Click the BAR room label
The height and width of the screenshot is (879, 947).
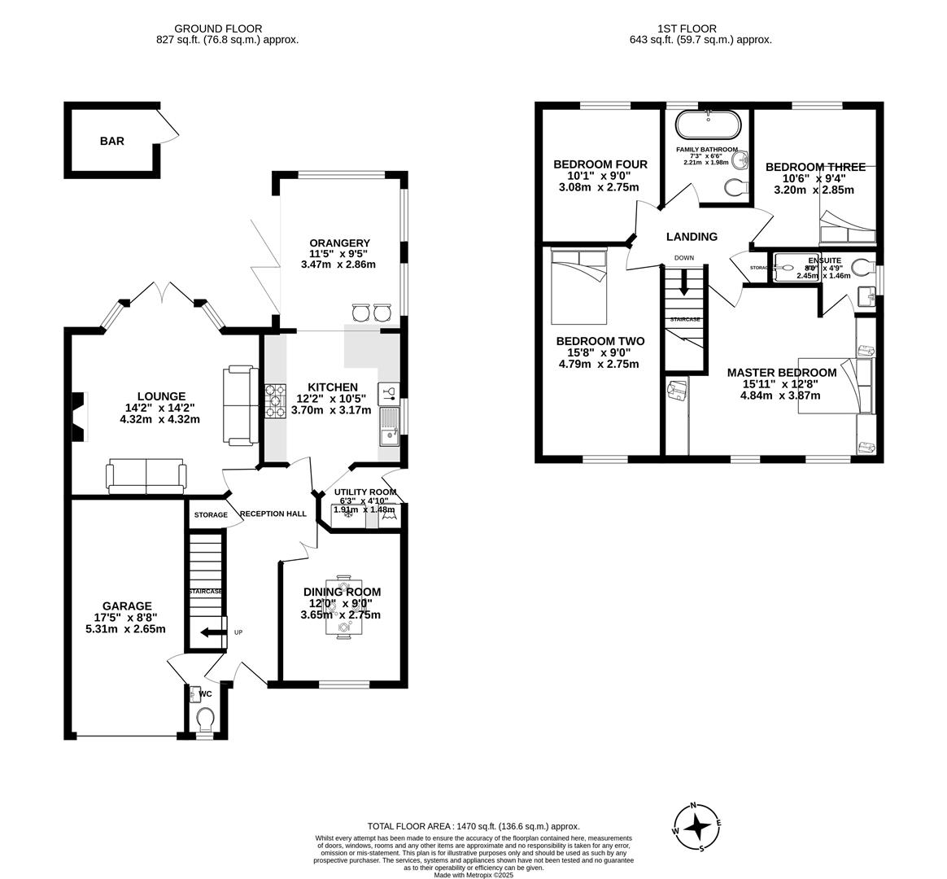point(112,141)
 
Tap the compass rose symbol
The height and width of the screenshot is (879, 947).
point(696,827)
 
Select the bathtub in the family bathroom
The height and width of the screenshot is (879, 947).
point(709,125)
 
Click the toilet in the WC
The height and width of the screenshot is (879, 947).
point(205,719)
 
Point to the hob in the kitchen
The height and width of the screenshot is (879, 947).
point(275,400)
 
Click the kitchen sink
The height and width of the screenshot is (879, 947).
point(389,426)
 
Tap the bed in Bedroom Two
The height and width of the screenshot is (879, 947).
point(579,285)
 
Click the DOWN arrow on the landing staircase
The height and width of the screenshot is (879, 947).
point(683,282)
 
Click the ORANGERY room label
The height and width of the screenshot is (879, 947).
point(339,243)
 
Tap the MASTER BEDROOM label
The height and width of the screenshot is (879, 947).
point(781,372)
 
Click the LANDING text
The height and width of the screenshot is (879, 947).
point(692,237)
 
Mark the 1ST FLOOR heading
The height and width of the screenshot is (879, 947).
point(700,28)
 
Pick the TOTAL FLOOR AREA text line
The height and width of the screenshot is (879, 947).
point(473,826)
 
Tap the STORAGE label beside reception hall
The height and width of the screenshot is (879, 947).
point(211,515)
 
